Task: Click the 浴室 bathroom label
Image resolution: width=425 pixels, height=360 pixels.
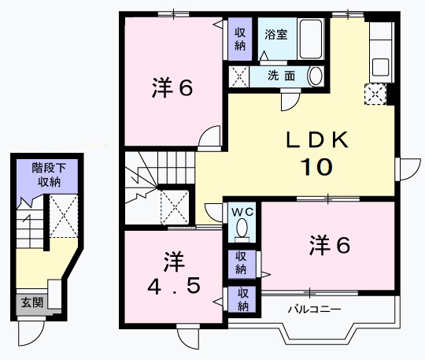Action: (x=276, y=35)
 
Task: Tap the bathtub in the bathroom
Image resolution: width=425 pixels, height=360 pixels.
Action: (x=311, y=39)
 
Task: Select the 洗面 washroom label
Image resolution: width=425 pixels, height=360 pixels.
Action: (x=281, y=76)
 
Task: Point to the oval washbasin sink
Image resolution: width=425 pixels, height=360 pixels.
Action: (x=316, y=76)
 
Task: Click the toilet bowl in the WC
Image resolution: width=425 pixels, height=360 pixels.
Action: (x=242, y=229)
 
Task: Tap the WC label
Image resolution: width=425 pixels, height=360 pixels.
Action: (x=242, y=212)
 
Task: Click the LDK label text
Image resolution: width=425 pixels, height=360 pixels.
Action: (x=317, y=139)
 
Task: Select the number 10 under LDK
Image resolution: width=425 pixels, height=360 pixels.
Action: (x=316, y=166)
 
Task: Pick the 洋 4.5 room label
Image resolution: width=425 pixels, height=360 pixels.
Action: (x=174, y=273)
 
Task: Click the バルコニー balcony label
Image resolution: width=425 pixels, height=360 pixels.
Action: (x=314, y=309)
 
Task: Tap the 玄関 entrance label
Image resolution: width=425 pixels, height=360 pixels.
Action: (x=32, y=302)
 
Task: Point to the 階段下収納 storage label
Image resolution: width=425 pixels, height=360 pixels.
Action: (x=49, y=175)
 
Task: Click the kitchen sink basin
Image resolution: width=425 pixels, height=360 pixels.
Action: (x=381, y=67)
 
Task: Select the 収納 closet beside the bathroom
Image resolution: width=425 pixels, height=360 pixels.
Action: (x=240, y=39)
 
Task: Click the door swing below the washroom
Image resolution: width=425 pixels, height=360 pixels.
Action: (x=290, y=102)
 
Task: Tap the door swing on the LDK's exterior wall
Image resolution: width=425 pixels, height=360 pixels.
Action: (x=410, y=169)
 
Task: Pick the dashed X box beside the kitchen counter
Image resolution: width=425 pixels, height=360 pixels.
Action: (x=375, y=95)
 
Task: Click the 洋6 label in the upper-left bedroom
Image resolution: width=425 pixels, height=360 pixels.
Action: (x=172, y=87)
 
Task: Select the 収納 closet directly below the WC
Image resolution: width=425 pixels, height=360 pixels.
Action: (x=242, y=263)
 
